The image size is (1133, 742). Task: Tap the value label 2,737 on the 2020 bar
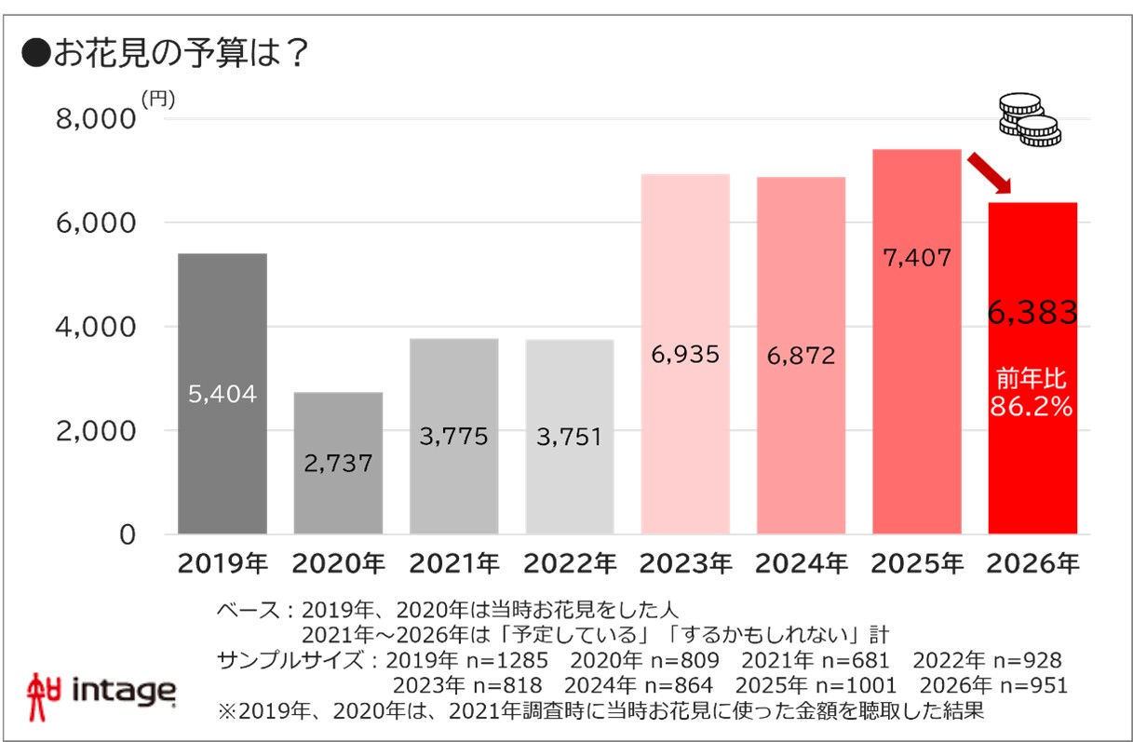point(338,464)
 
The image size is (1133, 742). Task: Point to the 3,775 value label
point(453,437)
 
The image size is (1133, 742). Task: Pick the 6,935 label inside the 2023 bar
point(685,355)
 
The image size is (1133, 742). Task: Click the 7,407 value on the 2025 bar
point(917,258)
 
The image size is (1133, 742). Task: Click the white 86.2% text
point(1032,407)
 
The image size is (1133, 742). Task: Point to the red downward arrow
point(989,174)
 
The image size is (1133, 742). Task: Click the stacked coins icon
point(1029,119)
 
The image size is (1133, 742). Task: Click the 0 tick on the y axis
point(128,535)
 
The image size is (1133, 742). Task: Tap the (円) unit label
point(157,99)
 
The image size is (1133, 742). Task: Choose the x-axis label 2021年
point(453,564)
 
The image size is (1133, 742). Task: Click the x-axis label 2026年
point(1033,564)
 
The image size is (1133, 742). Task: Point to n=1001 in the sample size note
point(863,686)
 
